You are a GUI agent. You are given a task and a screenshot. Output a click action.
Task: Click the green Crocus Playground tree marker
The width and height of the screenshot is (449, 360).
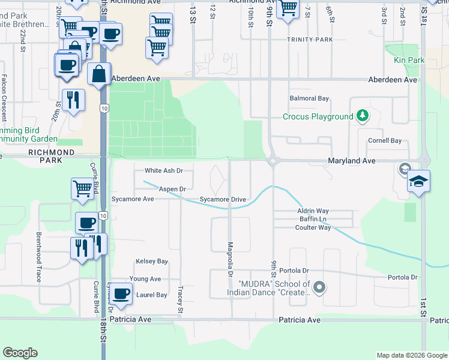click(x=362, y=116)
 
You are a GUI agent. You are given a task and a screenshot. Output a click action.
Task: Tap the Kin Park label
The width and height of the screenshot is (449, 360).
click(x=409, y=60)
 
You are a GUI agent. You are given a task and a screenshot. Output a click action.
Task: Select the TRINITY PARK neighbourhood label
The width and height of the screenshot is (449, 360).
click(x=309, y=40)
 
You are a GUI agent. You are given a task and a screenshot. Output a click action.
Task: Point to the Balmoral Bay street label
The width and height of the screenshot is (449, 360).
click(x=309, y=98)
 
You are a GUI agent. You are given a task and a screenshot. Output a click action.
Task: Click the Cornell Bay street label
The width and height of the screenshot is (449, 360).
click(x=384, y=140)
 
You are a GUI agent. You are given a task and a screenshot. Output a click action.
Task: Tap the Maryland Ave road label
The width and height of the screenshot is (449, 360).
click(x=351, y=161)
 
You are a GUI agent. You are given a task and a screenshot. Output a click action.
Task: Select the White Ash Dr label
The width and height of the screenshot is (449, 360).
click(x=163, y=170)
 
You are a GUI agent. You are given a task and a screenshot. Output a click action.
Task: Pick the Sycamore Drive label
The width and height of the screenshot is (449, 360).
click(x=223, y=199)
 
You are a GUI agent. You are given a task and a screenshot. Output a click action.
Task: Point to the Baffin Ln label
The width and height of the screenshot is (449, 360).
click(x=312, y=220)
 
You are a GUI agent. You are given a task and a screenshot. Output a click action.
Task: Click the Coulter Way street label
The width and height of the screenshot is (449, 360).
click(x=314, y=227)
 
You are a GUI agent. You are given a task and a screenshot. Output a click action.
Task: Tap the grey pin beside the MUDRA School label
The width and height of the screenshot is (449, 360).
click(x=319, y=288)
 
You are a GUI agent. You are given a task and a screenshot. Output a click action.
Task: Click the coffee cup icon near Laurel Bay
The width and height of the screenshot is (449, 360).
click(x=122, y=293)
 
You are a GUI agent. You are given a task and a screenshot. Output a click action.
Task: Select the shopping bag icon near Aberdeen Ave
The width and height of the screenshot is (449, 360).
click(x=98, y=74)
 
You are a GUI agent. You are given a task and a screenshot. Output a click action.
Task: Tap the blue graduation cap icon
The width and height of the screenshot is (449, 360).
click(x=418, y=181)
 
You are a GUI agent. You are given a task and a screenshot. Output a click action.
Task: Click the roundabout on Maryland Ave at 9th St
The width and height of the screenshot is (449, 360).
click(x=274, y=160)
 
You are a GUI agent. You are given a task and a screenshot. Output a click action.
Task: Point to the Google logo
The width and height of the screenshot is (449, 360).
click(x=20, y=353)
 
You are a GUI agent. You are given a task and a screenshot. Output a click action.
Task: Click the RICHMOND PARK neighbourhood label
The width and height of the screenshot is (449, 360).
click(x=52, y=152)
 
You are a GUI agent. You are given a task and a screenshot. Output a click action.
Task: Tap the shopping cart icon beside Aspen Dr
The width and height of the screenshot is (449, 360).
click(x=82, y=188)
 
